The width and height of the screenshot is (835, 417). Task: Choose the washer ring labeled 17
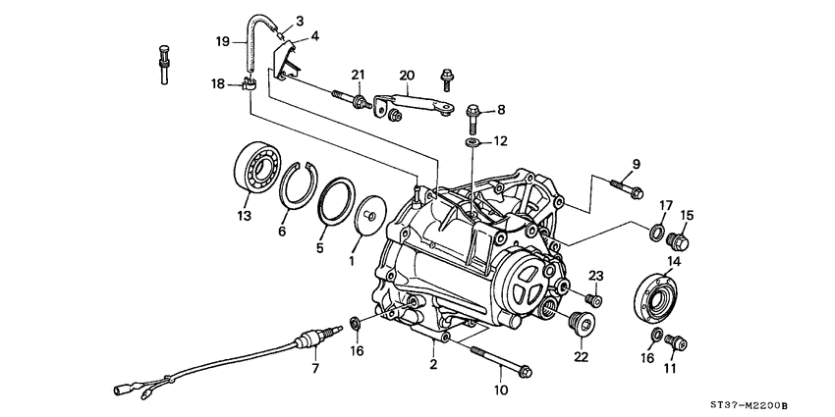[x=654, y=232]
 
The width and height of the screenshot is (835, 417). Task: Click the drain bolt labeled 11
[x=675, y=341]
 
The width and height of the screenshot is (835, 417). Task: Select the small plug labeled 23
[x=593, y=299]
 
